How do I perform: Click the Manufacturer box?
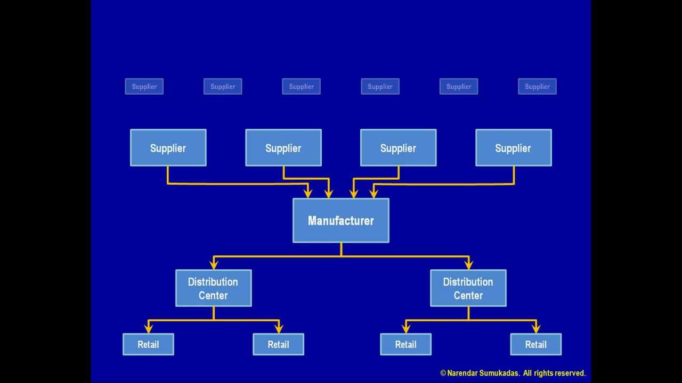(341, 220)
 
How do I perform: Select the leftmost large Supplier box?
(168, 148)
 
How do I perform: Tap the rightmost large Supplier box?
(513, 148)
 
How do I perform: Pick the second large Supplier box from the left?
(283, 148)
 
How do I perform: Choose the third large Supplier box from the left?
(398, 148)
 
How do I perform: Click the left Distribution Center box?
(213, 288)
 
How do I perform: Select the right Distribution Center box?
(468, 288)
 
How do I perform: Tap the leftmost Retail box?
(148, 344)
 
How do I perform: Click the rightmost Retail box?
(535, 344)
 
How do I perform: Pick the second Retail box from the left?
(278, 344)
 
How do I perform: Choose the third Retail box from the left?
(405, 344)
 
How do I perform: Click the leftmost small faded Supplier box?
(144, 86)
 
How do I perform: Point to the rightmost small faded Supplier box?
(537, 86)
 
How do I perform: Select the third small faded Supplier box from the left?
(302, 86)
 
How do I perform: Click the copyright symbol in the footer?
(443, 373)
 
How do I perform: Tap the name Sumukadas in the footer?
(498, 373)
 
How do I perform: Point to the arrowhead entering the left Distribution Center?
(214, 264)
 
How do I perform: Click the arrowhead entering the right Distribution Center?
(468, 264)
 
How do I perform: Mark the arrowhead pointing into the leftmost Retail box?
(149, 328)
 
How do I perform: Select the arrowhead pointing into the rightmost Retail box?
(536, 328)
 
